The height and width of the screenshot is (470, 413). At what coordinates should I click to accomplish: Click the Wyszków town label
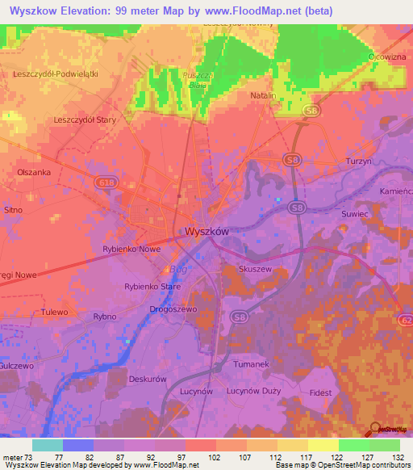(207, 231)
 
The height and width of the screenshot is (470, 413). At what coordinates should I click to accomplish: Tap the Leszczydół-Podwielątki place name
(56, 73)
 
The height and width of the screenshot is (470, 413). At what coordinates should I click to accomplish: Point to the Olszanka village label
(34, 173)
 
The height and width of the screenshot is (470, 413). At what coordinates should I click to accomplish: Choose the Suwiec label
(354, 215)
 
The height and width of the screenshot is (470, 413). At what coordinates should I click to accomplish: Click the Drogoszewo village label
(173, 308)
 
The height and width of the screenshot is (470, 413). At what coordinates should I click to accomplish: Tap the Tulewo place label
(56, 312)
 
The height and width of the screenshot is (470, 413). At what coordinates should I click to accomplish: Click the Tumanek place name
(250, 365)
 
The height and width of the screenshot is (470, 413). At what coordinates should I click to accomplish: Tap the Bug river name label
(177, 270)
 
